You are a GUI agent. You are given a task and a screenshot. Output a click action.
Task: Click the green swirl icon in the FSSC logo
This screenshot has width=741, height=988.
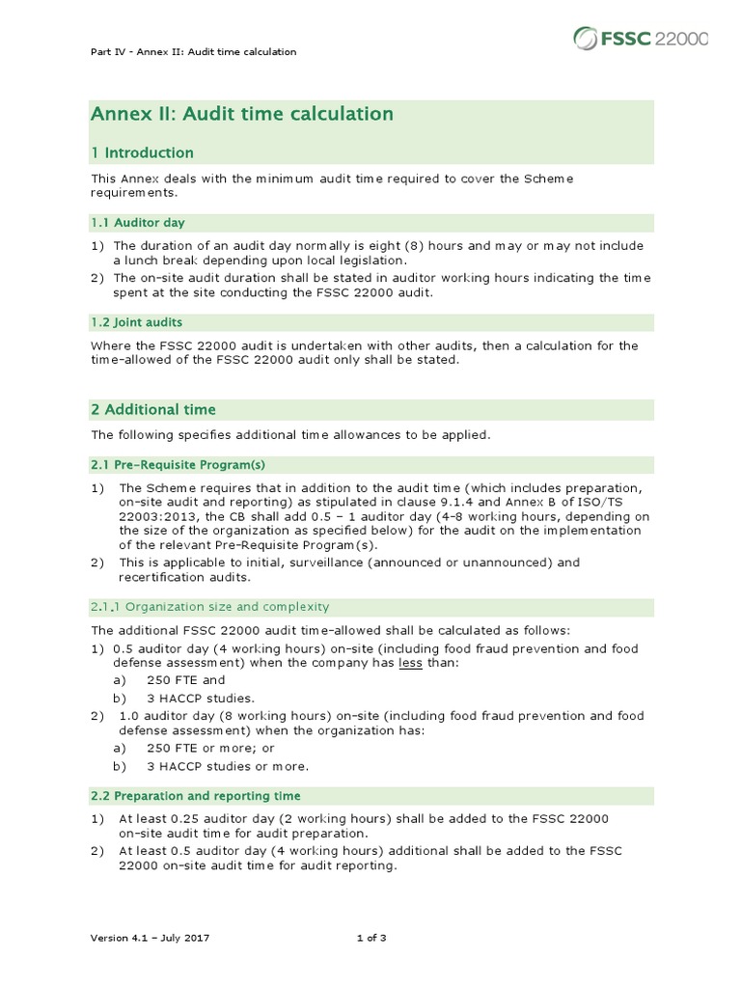coord(585,38)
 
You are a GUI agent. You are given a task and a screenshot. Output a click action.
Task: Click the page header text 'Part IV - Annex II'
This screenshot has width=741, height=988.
coord(192,51)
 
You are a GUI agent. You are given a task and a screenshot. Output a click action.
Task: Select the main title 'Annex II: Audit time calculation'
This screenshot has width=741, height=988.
coord(241,114)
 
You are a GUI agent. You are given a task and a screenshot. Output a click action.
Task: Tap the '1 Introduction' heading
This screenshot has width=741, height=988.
coord(142,152)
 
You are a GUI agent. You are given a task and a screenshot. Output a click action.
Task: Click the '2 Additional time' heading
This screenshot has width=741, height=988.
coord(153,409)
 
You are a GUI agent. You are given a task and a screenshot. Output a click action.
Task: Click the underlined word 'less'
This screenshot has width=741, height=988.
coord(411,664)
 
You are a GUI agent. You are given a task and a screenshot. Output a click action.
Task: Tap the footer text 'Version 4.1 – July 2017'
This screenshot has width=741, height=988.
coord(151,938)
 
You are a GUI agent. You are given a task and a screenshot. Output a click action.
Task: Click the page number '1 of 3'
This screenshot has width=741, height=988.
coord(370,938)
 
